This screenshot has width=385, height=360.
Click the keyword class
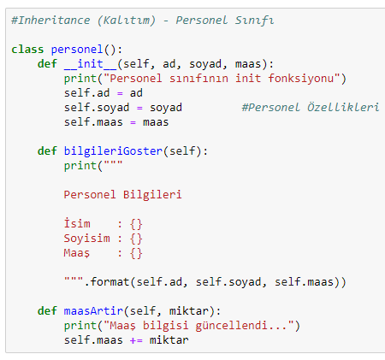click(27, 50)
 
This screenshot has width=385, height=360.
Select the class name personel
click(77, 50)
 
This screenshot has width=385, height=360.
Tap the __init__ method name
click(91, 64)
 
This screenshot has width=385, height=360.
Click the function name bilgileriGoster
click(113, 151)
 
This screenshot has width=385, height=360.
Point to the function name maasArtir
click(93, 310)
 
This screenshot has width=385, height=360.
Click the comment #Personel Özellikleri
click(311, 108)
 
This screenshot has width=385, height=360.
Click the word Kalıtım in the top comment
click(127, 21)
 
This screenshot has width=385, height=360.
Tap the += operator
click(136, 340)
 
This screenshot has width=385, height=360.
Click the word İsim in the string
click(77, 223)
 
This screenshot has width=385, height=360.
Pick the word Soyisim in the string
click(87, 239)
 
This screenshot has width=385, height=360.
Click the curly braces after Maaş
click(136, 253)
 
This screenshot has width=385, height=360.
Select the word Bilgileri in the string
click(152, 194)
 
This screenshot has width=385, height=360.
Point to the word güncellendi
click(231, 326)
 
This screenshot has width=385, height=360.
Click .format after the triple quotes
click(107, 282)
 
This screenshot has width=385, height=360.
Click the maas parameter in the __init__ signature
click(248, 64)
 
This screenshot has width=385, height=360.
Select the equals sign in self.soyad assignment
click(139, 109)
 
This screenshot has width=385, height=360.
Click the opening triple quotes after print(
click(113, 162)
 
